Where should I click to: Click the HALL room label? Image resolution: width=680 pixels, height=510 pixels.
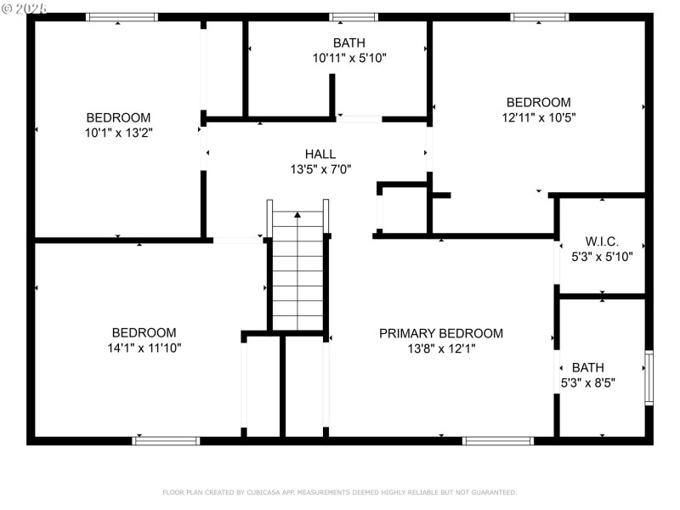[x=320, y=154]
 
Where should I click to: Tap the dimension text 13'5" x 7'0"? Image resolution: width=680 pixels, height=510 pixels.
[x=320, y=169]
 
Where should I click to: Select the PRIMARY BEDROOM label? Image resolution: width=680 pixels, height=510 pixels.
[x=440, y=333]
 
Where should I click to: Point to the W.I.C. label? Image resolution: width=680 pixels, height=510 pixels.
[x=602, y=241]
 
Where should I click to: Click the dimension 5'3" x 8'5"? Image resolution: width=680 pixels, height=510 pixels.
[x=587, y=382]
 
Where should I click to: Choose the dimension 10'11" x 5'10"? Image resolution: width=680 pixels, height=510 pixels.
[x=349, y=58]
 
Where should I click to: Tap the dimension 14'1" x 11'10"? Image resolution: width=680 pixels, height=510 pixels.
[x=144, y=348]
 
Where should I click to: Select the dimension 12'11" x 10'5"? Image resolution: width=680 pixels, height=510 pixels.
[x=538, y=117]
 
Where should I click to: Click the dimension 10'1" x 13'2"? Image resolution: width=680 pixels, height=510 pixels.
[x=118, y=133]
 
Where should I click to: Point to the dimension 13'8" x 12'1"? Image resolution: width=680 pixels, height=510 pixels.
[x=440, y=348]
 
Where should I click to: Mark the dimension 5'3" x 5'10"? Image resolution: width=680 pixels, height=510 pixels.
[x=602, y=255]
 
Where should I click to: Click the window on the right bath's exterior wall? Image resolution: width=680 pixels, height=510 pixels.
[x=649, y=377]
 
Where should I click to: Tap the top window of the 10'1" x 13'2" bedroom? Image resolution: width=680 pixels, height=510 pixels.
[x=122, y=17]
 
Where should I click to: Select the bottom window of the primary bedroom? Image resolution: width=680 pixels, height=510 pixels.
[x=497, y=440]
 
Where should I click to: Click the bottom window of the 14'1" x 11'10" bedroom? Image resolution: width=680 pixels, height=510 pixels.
[x=167, y=440]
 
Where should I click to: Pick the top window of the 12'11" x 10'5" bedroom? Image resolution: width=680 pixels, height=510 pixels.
[x=540, y=17]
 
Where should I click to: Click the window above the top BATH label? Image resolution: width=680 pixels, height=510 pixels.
[x=354, y=17]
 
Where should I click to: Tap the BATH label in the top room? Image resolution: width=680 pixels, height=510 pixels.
[x=349, y=42]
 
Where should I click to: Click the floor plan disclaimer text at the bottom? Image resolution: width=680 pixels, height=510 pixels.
[x=339, y=492]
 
